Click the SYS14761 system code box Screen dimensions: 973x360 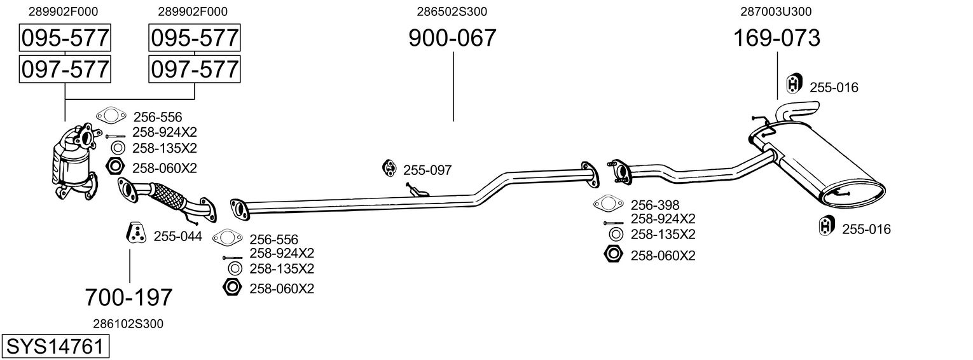55,347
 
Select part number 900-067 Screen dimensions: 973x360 452,39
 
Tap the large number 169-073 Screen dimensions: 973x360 776,39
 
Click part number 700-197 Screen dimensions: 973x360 129,296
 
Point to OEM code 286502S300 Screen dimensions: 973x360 452,11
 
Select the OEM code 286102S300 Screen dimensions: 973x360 129,324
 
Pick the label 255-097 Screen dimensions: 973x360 427,170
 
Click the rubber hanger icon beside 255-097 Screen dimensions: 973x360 389,167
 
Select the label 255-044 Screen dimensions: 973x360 178,237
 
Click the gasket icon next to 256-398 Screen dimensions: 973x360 608,204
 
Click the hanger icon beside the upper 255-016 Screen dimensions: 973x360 794,84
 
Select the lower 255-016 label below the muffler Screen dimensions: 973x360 866,230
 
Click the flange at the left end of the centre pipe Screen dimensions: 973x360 240,208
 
